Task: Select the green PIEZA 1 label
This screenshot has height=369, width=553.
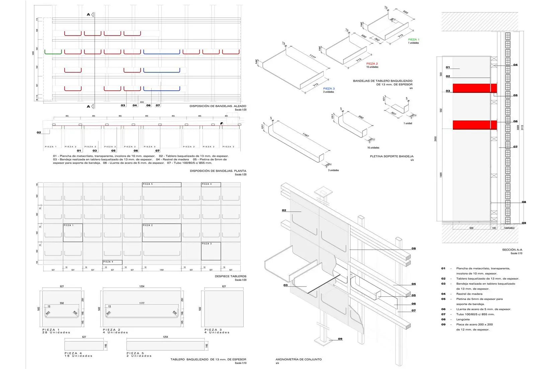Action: [x=413, y=40]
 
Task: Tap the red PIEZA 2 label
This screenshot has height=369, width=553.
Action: [x=372, y=64]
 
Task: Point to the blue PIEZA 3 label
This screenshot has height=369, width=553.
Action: [x=329, y=89]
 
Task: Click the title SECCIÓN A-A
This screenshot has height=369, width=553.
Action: [x=512, y=250]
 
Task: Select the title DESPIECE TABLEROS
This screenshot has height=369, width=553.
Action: [x=230, y=276]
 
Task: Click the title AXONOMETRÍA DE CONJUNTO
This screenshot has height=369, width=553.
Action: [x=299, y=359]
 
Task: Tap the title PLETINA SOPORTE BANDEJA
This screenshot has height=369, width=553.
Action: [x=391, y=156]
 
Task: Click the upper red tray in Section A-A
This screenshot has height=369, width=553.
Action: [x=474, y=88]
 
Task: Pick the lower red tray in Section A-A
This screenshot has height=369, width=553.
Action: [x=474, y=125]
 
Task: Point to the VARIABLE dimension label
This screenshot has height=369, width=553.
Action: [x=509, y=228]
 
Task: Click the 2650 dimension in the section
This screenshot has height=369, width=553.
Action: [x=436, y=139]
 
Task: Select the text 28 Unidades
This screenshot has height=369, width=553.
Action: [x=56, y=333]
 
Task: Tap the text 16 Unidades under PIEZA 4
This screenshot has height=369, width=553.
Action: [x=78, y=356]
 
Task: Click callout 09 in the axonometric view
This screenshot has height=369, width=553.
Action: [x=340, y=339]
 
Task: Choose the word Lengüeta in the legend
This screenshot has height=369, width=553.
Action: [x=463, y=319]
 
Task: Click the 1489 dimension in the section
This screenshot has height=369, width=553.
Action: [x=441, y=175]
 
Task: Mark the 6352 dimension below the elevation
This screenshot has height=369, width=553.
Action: [x=142, y=102]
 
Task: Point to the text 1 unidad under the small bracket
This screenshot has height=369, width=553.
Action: [x=408, y=123]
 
